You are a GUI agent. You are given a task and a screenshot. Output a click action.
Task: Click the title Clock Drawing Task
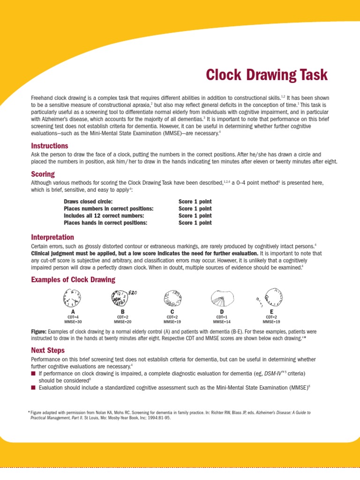point(267,75)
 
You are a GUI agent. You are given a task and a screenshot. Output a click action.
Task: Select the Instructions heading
point(50,146)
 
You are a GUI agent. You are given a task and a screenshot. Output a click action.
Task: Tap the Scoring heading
point(43,174)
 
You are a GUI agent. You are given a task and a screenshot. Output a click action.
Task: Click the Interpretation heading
point(52,237)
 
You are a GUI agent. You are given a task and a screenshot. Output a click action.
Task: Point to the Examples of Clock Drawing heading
point(73,280)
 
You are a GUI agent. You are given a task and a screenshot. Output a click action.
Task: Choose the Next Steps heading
point(48,350)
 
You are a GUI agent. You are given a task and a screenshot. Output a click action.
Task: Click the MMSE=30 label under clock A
point(73,322)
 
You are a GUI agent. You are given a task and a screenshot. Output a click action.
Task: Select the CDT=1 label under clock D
point(222,317)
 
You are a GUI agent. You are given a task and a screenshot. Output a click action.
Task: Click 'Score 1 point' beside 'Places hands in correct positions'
point(195,223)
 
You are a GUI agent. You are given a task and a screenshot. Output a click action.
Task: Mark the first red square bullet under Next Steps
point(33,374)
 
